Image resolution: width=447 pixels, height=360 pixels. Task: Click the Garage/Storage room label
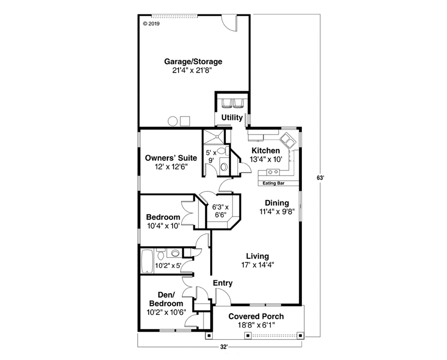click(x=193, y=62)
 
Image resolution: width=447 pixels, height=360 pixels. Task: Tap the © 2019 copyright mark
click(x=152, y=24)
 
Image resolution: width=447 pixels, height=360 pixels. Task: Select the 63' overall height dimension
click(x=320, y=178)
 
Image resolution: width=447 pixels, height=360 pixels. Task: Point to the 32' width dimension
click(x=224, y=347)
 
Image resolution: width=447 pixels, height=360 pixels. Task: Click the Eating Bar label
click(x=273, y=183)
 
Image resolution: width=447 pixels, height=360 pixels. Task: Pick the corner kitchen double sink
click(x=288, y=140)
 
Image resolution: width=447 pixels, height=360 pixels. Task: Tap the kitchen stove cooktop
click(x=273, y=172)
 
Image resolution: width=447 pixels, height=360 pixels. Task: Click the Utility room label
click(x=232, y=118)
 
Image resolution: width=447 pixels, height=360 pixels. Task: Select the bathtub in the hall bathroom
click(x=147, y=261)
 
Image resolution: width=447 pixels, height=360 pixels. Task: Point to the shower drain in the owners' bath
click(x=217, y=137)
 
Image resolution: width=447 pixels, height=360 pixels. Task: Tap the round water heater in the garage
click(x=172, y=121)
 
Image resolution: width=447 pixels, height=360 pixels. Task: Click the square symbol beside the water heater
click(x=185, y=121)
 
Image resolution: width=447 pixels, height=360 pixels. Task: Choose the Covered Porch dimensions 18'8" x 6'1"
click(x=256, y=325)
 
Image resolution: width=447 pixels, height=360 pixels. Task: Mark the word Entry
click(x=223, y=283)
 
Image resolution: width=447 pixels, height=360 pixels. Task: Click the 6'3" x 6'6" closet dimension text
click(x=221, y=211)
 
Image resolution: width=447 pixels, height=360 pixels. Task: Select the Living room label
click(x=257, y=256)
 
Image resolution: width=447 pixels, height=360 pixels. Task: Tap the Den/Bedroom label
click(x=166, y=299)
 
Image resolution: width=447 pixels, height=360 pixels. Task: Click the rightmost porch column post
click(x=300, y=335)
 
